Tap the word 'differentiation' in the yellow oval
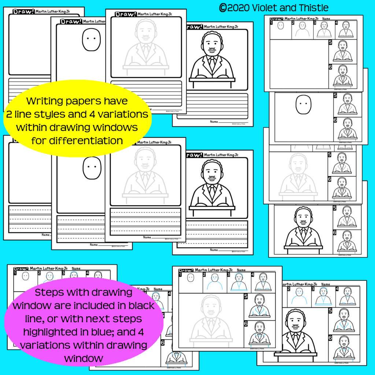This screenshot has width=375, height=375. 77,140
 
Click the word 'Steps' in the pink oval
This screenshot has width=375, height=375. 51,293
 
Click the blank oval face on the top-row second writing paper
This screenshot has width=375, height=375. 91,39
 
